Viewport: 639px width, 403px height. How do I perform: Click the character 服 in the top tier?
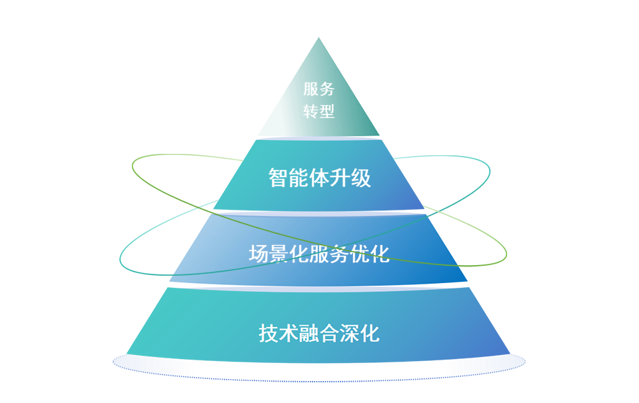coord(310,89)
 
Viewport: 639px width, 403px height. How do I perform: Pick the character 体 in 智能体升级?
coord(320,179)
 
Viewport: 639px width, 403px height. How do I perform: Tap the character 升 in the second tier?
coord(340,179)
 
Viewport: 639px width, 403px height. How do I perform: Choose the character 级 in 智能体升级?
coord(361,179)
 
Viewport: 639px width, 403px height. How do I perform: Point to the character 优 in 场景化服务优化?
coord(360,254)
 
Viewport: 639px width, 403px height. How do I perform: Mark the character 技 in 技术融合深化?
coord(269,332)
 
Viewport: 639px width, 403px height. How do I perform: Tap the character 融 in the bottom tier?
coord(309,332)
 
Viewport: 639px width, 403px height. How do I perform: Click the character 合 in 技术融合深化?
coord(330,332)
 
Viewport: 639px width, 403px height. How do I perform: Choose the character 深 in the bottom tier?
coord(350,332)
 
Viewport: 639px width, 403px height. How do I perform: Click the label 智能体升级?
coord(320,179)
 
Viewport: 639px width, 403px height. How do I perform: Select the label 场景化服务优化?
coord(319,254)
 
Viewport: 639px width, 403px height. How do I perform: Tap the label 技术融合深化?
coord(319,332)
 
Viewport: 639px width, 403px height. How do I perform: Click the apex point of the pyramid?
coord(319,39)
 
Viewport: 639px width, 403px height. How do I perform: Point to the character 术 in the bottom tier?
coord(289,332)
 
